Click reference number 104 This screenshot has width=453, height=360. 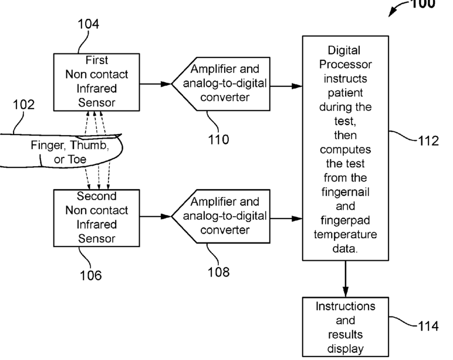88,24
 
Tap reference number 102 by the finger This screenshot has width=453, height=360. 24,105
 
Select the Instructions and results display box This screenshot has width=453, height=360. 345,327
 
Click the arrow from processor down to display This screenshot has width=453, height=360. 345,279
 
